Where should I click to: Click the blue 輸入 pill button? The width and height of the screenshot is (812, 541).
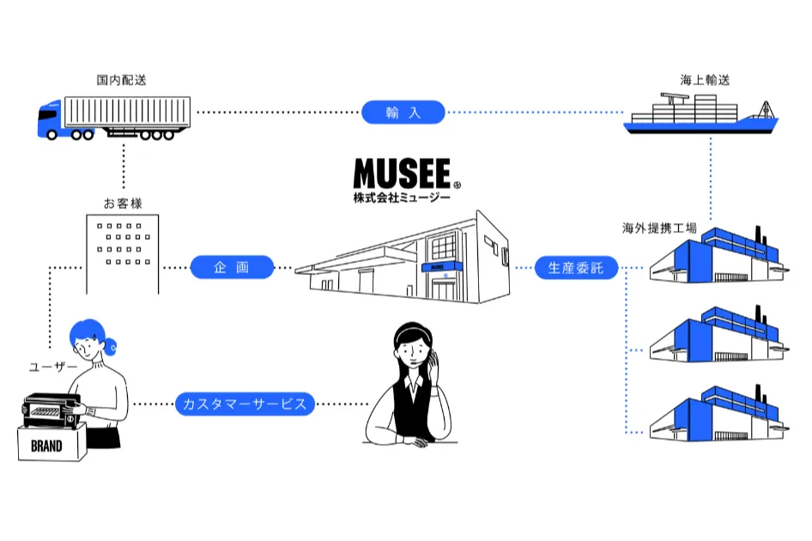[403, 112]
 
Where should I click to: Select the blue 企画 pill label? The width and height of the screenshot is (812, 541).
[232, 267]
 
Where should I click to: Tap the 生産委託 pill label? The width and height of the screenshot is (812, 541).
[576, 267]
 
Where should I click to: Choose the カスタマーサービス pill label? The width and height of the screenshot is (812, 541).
[245, 404]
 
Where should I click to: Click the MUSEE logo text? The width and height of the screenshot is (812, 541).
[403, 173]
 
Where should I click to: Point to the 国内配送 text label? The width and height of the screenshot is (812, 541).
[122, 80]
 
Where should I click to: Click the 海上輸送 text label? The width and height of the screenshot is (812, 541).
[705, 80]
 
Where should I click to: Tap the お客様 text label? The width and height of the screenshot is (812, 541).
[123, 204]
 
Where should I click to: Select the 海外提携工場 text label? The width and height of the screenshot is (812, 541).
[659, 228]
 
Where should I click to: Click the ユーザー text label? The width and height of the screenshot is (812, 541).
[53, 367]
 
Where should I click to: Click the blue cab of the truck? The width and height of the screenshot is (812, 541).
[49, 120]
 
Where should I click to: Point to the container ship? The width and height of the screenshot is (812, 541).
[700, 114]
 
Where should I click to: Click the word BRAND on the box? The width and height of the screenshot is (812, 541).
[46, 446]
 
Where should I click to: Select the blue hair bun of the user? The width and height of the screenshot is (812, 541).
[111, 346]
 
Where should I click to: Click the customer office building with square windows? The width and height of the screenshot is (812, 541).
[123, 254]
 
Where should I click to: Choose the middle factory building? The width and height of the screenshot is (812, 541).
[719, 333]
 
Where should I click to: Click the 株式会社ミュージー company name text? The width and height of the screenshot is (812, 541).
[402, 198]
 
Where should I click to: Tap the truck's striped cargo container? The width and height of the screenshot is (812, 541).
[127, 112]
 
